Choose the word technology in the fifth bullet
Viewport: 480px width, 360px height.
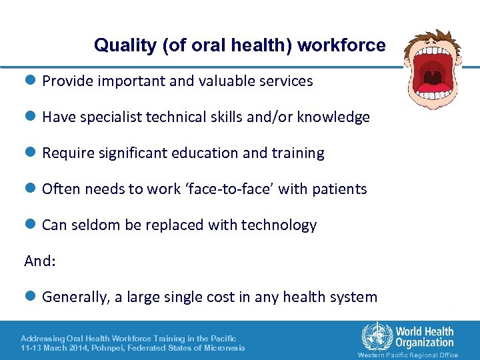276,225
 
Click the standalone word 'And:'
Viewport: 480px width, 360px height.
40,261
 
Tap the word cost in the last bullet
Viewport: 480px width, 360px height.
236,297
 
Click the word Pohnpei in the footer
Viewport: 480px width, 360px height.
103,348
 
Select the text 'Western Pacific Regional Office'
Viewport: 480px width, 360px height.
408,355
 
